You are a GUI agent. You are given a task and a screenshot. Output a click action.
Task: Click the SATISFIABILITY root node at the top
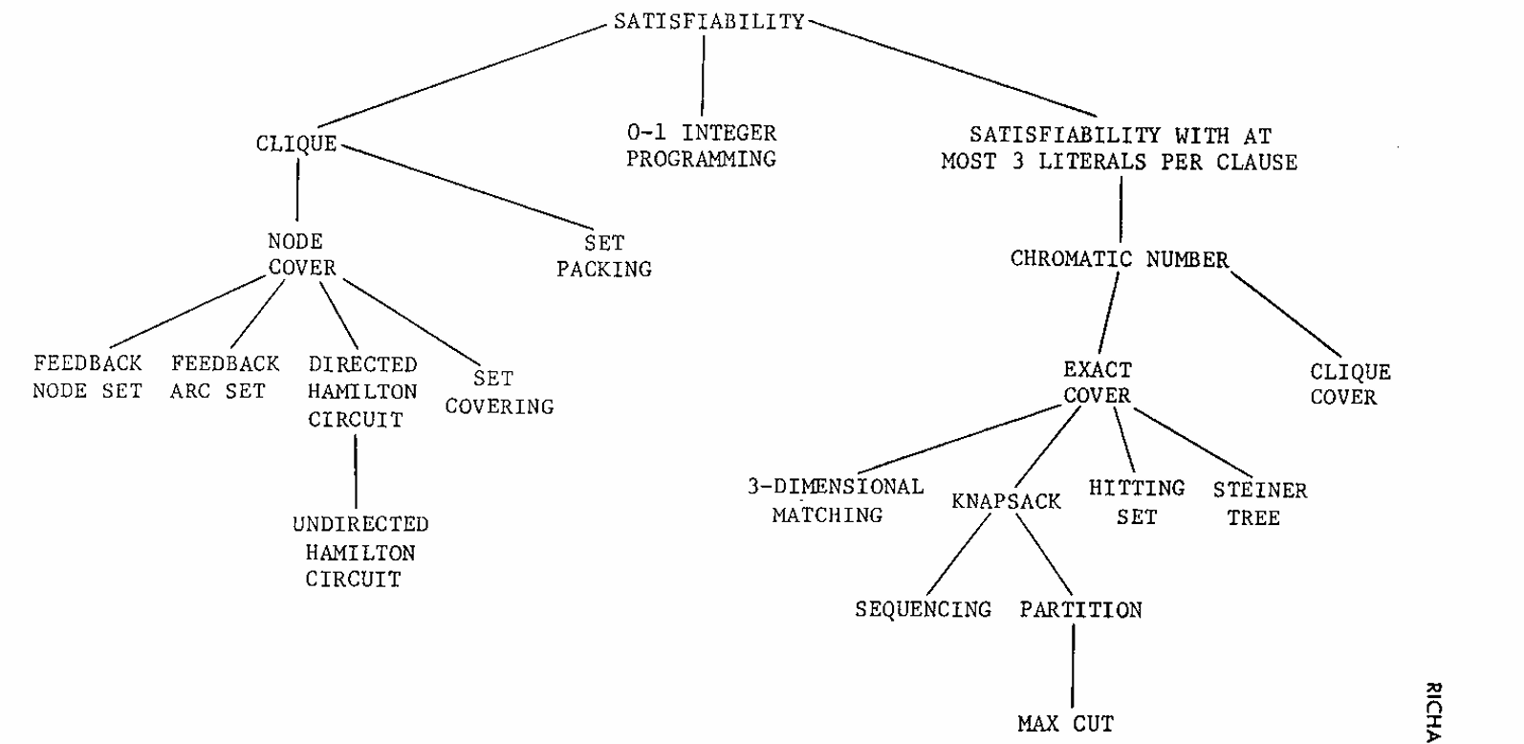point(708,21)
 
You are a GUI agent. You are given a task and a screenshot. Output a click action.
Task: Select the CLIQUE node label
point(296,143)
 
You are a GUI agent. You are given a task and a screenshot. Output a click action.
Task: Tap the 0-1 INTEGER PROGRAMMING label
point(702,145)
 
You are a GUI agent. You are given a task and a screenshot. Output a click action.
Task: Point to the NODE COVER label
point(300,254)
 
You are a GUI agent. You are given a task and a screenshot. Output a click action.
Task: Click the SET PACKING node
point(604,256)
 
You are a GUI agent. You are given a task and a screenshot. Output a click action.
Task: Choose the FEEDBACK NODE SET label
point(87,377)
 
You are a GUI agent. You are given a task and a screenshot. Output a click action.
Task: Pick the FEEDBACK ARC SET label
point(225,377)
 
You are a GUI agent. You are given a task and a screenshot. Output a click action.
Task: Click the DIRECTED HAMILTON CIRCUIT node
point(361,391)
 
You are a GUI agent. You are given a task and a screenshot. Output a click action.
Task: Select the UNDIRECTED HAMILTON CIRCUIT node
point(359,552)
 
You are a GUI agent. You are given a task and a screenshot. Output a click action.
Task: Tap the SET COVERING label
point(499,392)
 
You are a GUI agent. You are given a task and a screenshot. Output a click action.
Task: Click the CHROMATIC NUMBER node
point(1120,259)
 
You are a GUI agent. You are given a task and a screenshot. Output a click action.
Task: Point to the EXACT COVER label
point(1097,383)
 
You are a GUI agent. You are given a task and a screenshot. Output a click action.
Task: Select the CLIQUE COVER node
point(1349,384)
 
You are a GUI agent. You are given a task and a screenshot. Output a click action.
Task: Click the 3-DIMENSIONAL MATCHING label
point(834,500)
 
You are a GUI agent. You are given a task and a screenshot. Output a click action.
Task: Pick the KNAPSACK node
point(1006,501)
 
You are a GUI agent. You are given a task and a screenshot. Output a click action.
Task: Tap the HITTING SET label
point(1136,502)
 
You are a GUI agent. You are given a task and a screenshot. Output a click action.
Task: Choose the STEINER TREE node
point(1259,503)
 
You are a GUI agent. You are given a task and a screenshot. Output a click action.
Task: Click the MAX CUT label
point(1065,723)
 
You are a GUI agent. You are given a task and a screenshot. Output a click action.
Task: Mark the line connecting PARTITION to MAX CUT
point(1073,667)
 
